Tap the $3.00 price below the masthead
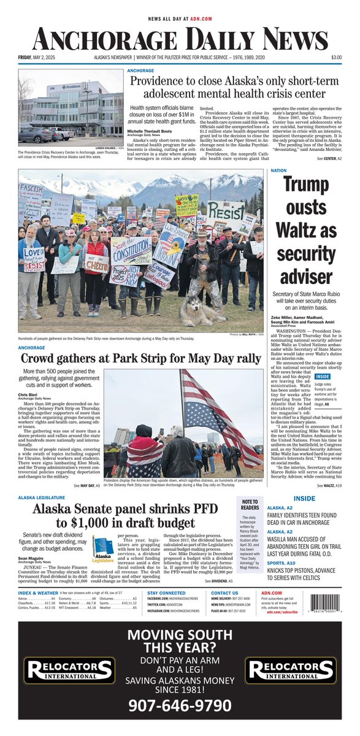(x=336, y=58)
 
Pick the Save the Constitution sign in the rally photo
(x=131, y=251)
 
